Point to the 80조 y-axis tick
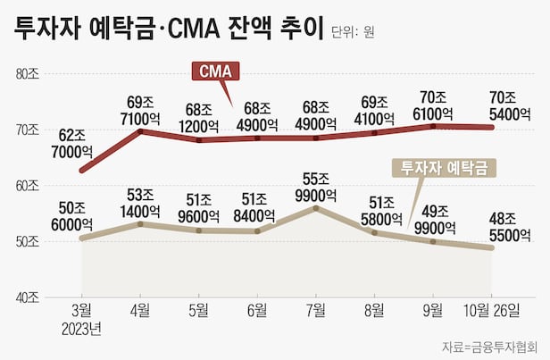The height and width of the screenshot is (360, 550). pos(27,73)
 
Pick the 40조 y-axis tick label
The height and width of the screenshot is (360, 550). pos(27,297)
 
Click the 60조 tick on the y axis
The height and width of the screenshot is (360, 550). pos(27,185)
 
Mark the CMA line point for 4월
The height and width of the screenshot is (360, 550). pos(140,131)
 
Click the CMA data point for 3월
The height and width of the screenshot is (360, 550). pos(82,170)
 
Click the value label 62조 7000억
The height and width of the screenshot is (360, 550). pos(73,145)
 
